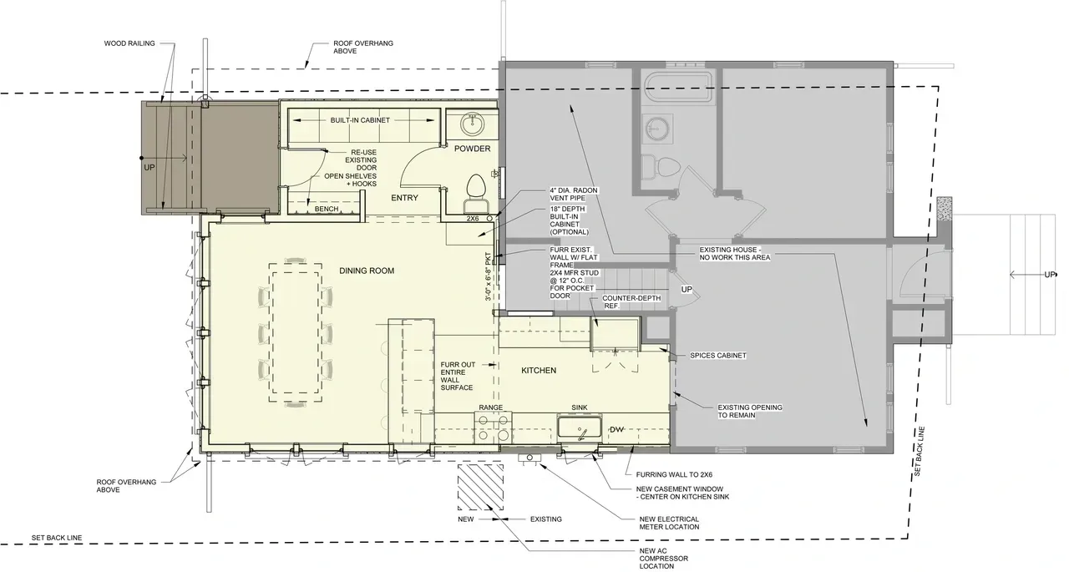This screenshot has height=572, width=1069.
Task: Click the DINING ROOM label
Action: click(367, 271)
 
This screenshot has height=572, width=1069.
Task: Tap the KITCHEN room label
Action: click(539, 370)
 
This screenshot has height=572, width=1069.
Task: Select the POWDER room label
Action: click(472, 149)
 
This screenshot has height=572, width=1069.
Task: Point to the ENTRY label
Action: click(404, 198)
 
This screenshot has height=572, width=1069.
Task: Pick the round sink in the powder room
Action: click(473, 124)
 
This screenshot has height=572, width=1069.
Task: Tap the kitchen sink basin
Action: click(580, 427)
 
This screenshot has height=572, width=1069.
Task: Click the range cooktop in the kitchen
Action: click(493, 428)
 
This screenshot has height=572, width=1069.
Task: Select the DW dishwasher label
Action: click(616, 430)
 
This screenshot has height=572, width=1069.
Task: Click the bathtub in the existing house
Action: click(679, 87)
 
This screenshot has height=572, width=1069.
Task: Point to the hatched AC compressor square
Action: click(480, 487)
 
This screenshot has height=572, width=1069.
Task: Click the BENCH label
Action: click(327, 209)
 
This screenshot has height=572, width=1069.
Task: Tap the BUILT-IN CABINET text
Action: click(360, 120)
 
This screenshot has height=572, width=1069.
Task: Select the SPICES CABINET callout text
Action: click(717, 356)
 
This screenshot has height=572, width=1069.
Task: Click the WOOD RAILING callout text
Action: click(129, 43)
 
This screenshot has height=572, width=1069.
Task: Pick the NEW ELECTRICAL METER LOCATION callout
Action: click(669, 523)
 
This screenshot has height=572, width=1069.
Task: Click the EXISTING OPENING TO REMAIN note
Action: click(750, 411)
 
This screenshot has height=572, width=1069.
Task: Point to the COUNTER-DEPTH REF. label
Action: click(631, 302)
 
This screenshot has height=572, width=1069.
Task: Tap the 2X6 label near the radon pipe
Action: click(473, 219)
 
